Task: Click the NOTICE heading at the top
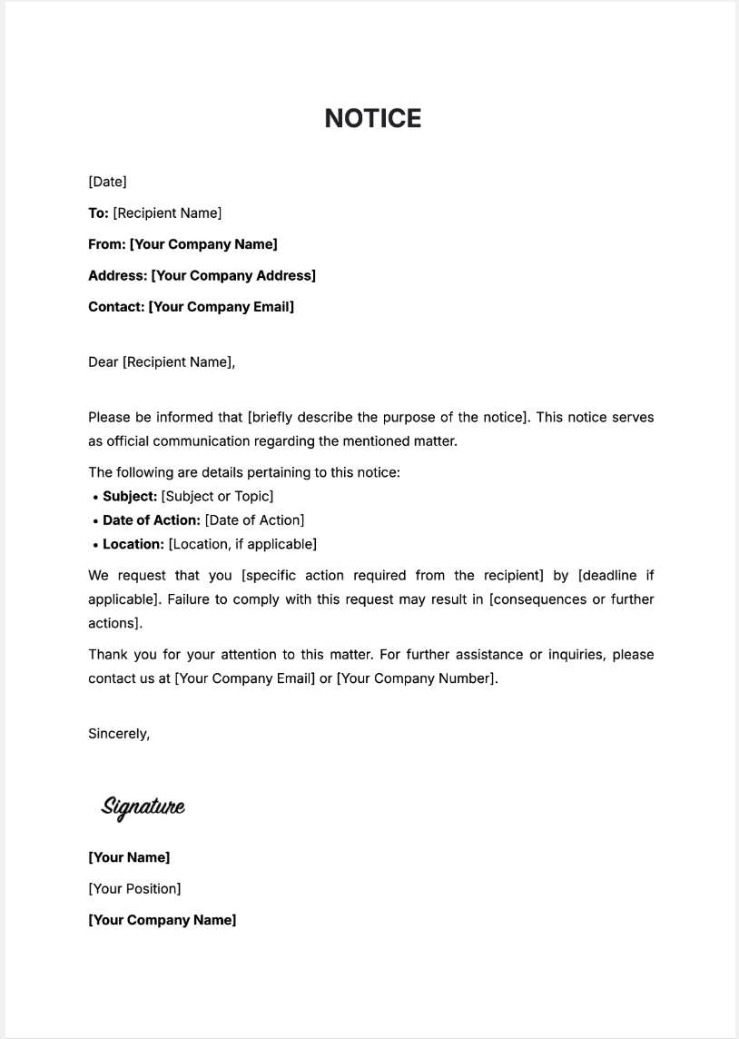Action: [372, 119]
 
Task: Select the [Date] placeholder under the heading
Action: [107, 182]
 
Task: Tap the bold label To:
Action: [98, 213]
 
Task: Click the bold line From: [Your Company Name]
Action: [182, 244]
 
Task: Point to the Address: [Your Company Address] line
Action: [202, 275]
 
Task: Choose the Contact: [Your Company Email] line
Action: [191, 306]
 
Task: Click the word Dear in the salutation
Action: [103, 362]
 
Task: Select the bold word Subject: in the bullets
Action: [130, 496]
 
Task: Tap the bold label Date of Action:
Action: [152, 520]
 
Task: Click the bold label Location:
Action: [133, 544]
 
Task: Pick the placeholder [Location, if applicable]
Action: [242, 544]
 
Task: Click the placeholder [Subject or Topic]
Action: [217, 496]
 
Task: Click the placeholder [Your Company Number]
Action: [417, 678]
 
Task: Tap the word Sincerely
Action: [118, 734]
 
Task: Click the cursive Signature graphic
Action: [143, 806]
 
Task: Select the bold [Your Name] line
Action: [129, 857]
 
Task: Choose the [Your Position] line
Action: [134, 888]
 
